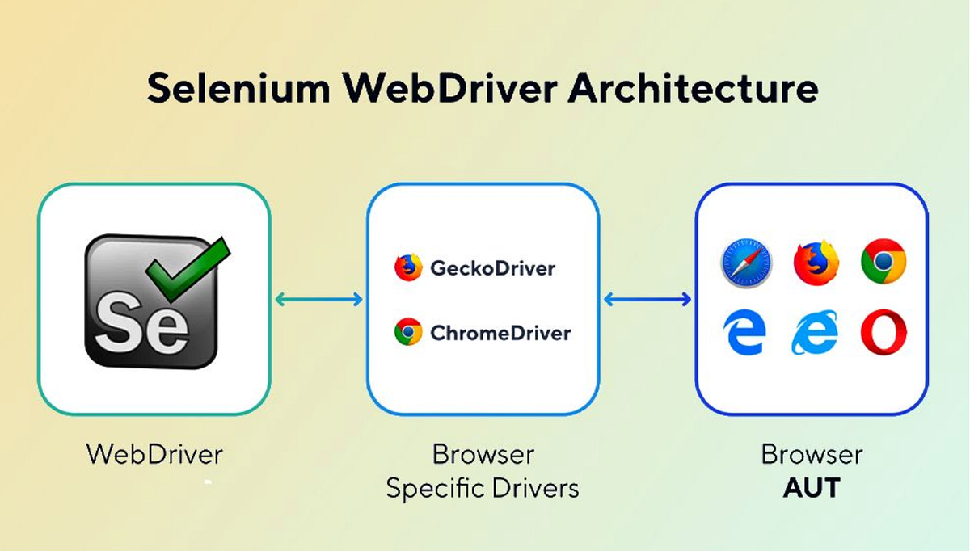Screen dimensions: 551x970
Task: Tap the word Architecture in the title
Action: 693,89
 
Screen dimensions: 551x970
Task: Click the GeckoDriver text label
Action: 493,267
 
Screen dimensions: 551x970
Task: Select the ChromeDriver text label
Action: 500,332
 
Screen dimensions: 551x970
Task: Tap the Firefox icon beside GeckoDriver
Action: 408,267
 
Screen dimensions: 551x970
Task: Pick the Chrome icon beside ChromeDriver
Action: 408,332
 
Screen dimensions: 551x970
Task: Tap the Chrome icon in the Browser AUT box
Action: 884,261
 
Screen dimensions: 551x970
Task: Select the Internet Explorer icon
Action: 814,334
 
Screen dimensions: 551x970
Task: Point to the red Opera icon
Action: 884,334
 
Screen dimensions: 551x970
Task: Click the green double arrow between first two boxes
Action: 318,300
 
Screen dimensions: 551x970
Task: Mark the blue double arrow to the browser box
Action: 647,300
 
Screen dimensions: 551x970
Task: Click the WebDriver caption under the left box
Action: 154,454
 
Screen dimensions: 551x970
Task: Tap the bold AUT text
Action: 812,488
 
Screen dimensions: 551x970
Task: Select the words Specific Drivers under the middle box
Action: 483,488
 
